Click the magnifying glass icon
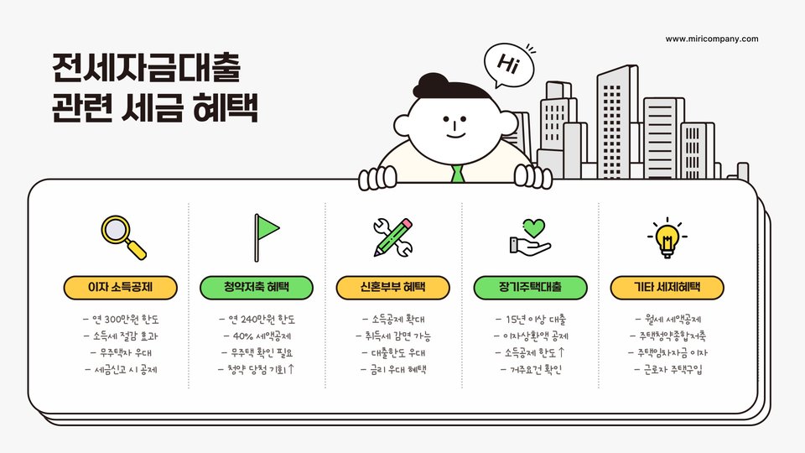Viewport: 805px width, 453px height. pos(122,237)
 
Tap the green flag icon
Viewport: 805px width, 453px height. pos(266,236)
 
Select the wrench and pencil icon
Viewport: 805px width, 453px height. pos(393,237)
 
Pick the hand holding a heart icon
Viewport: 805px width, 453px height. pos(530,237)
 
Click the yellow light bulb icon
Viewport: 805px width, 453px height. pos(667,237)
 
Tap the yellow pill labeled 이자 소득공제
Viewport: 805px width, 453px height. pos(121,288)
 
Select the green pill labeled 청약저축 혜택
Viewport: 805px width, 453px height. pos(257,288)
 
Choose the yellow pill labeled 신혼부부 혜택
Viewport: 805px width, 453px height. pos(393,288)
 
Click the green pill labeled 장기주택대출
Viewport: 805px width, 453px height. pos(530,288)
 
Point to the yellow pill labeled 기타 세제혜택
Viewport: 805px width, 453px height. pos(667,288)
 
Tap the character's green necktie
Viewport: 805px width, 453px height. pos(457,174)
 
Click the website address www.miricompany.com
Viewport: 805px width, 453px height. pos(712,39)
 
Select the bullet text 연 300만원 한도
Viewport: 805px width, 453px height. pos(122,320)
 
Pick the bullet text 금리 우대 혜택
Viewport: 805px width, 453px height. pos(393,368)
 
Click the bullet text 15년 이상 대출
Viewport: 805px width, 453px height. pos(530,320)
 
